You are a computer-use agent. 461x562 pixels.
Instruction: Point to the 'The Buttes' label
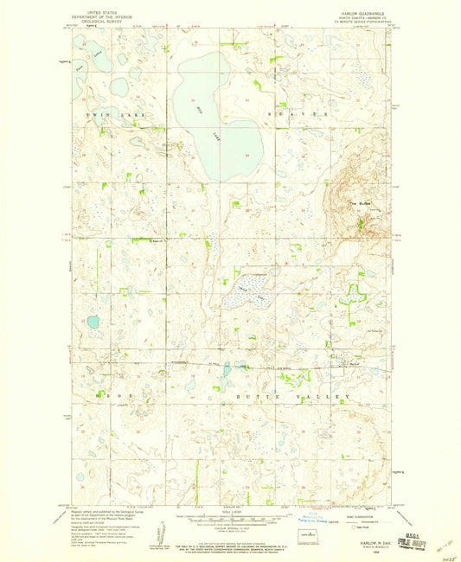(358, 203)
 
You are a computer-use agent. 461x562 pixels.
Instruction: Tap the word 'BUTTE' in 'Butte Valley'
(235, 393)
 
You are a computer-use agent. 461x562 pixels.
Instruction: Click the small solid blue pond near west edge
(92, 322)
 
